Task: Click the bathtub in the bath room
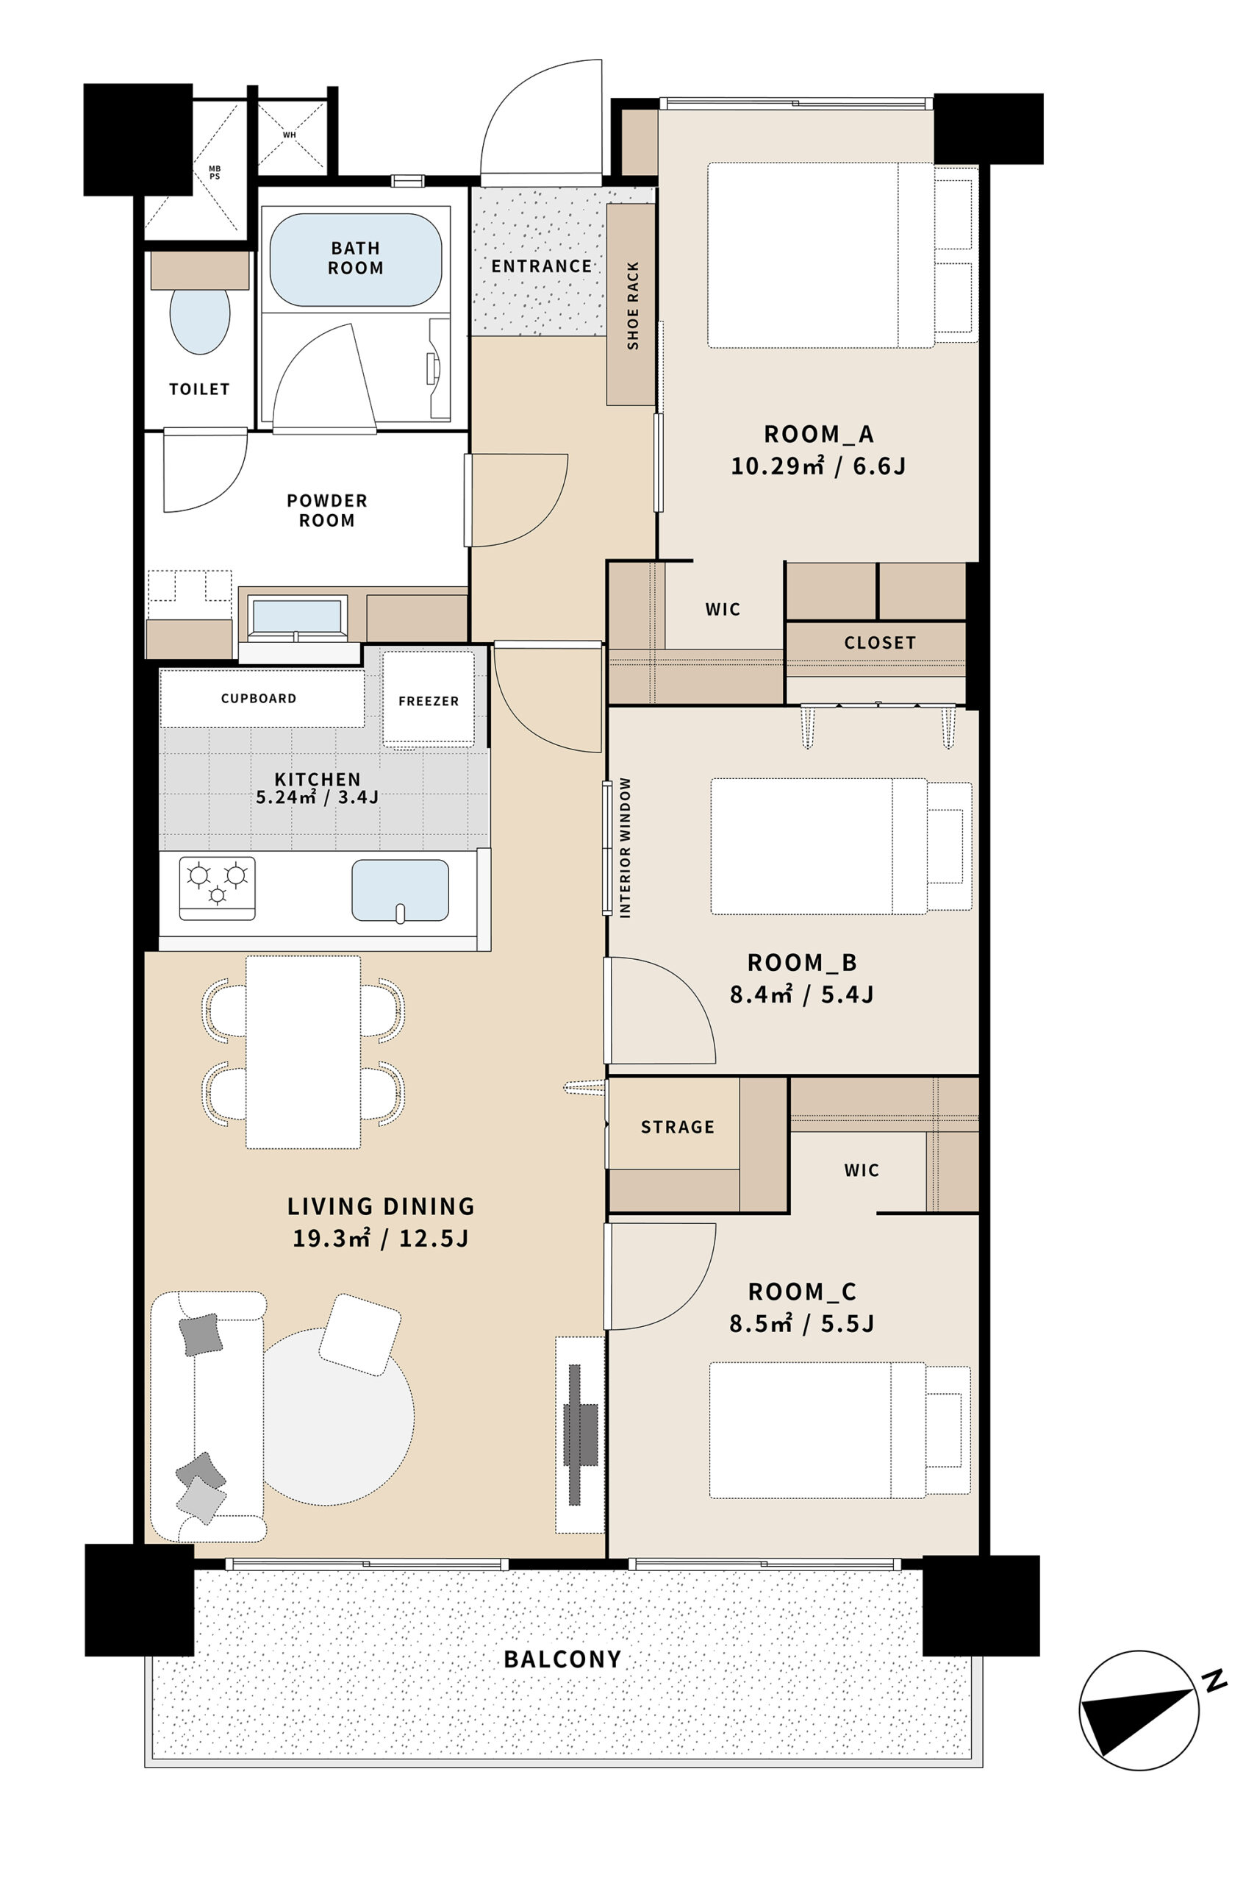click(x=355, y=259)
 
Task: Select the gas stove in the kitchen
click(x=218, y=888)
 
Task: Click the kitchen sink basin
click(x=400, y=890)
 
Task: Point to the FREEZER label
click(x=429, y=701)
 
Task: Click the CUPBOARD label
click(x=259, y=699)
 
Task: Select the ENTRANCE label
click(x=542, y=266)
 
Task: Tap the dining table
click(x=303, y=1052)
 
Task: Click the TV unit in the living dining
click(x=581, y=1435)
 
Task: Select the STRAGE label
click(x=678, y=1128)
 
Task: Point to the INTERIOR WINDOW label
click(x=626, y=847)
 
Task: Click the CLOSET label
click(x=880, y=643)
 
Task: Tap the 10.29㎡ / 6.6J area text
click(x=818, y=466)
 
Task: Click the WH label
click(x=290, y=135)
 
